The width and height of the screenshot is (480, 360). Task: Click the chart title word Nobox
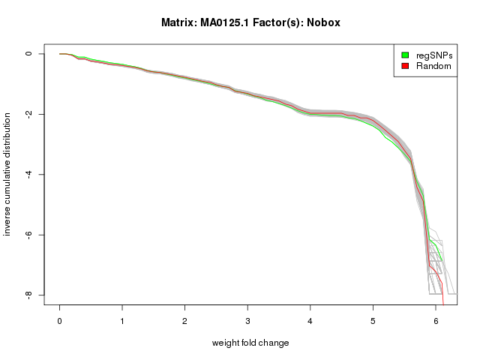(325, 22)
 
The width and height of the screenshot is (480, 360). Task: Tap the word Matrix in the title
(179, 22)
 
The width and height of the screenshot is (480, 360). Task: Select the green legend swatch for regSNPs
(404, 55)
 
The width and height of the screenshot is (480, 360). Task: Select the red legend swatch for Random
(404, 66)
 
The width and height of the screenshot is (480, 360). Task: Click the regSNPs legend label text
(434, 55)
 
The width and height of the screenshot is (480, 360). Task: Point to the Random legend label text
(433, 66)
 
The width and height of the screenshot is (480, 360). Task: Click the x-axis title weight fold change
(250, 343)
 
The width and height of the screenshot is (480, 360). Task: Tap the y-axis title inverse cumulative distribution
(8, 174)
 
